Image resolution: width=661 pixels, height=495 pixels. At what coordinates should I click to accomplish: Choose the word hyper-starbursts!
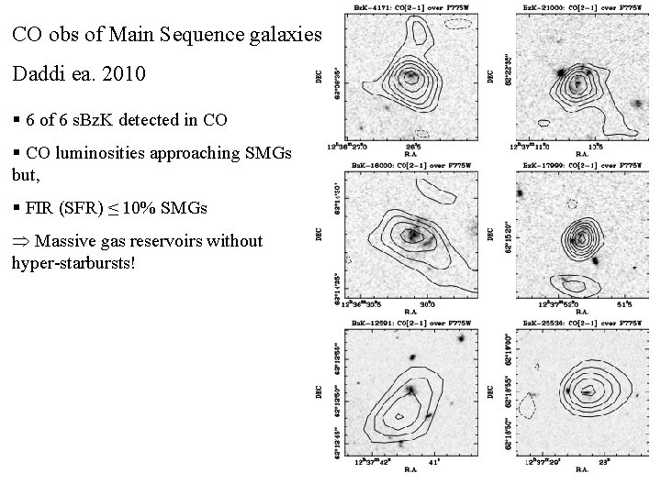(73, 262)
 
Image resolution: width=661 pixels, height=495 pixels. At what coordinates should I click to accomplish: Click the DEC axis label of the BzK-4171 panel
(319, 81)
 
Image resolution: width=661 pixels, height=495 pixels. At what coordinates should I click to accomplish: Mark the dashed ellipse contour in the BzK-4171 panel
(453, 26)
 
